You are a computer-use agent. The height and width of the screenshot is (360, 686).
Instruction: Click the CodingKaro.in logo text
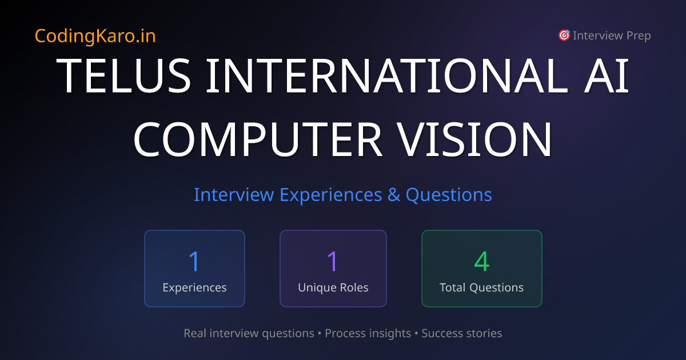coord(95,36)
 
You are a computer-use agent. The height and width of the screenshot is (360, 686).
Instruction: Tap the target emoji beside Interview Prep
coord(564,35)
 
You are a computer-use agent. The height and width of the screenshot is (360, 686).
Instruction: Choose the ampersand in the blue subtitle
coord(394,195)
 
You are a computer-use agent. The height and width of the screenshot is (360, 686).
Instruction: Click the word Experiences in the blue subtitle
coord(330,195)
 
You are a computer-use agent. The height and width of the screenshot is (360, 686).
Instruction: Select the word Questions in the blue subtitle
coord(449,195)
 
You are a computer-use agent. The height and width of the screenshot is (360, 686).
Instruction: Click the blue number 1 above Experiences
coord(194,261)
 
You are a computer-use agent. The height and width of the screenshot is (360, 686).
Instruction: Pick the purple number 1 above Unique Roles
coord(333,261)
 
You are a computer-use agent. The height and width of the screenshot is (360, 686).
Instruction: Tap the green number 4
coord(482,261)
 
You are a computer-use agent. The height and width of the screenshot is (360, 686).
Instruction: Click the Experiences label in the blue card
coord(194,287)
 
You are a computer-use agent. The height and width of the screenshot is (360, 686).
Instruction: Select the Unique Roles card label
coord(333,287)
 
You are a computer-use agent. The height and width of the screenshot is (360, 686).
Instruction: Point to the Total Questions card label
coord(481,287)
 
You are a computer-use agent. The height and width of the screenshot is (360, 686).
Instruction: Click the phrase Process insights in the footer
coord(368,333)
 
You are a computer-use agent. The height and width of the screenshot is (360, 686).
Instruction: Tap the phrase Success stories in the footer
coord(462,333)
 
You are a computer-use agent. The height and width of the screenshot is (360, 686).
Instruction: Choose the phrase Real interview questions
coord(249,333)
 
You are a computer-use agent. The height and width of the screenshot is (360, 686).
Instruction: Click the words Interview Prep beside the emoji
coord(612,35)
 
